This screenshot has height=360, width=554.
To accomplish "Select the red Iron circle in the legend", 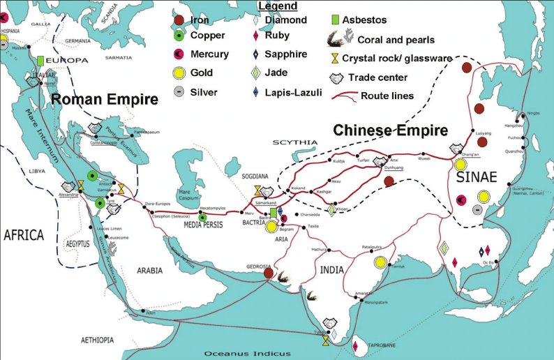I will (180, 20).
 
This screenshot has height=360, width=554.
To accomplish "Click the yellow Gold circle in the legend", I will (181, 73).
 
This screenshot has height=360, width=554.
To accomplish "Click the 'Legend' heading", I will (277, 6).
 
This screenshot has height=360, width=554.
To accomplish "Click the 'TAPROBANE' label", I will (382, 345).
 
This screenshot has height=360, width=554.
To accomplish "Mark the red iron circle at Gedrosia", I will (268, 273).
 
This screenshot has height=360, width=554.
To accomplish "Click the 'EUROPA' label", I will (68, 61).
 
